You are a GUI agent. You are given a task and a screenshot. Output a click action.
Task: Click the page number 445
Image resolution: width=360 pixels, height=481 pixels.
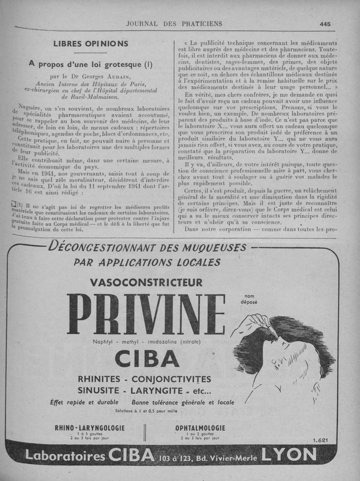(x=325, y=24)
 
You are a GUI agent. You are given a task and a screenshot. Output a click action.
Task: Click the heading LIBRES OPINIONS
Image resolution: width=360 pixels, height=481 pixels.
(x=91, y=44)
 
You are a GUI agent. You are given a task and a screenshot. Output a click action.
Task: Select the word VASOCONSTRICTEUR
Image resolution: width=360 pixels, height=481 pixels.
(x=146, y=283)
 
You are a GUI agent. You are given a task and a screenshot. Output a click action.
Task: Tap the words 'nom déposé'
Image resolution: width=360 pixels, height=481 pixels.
(x=249, y=299)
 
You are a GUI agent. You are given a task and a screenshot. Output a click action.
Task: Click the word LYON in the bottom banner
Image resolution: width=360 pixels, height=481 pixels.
(x=288, y=456)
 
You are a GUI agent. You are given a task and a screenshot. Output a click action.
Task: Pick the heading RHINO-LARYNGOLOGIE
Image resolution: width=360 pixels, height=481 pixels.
(x=90, y=427)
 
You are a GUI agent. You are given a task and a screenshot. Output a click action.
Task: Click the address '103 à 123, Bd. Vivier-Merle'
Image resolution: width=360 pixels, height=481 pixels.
(x=208, y=458)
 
